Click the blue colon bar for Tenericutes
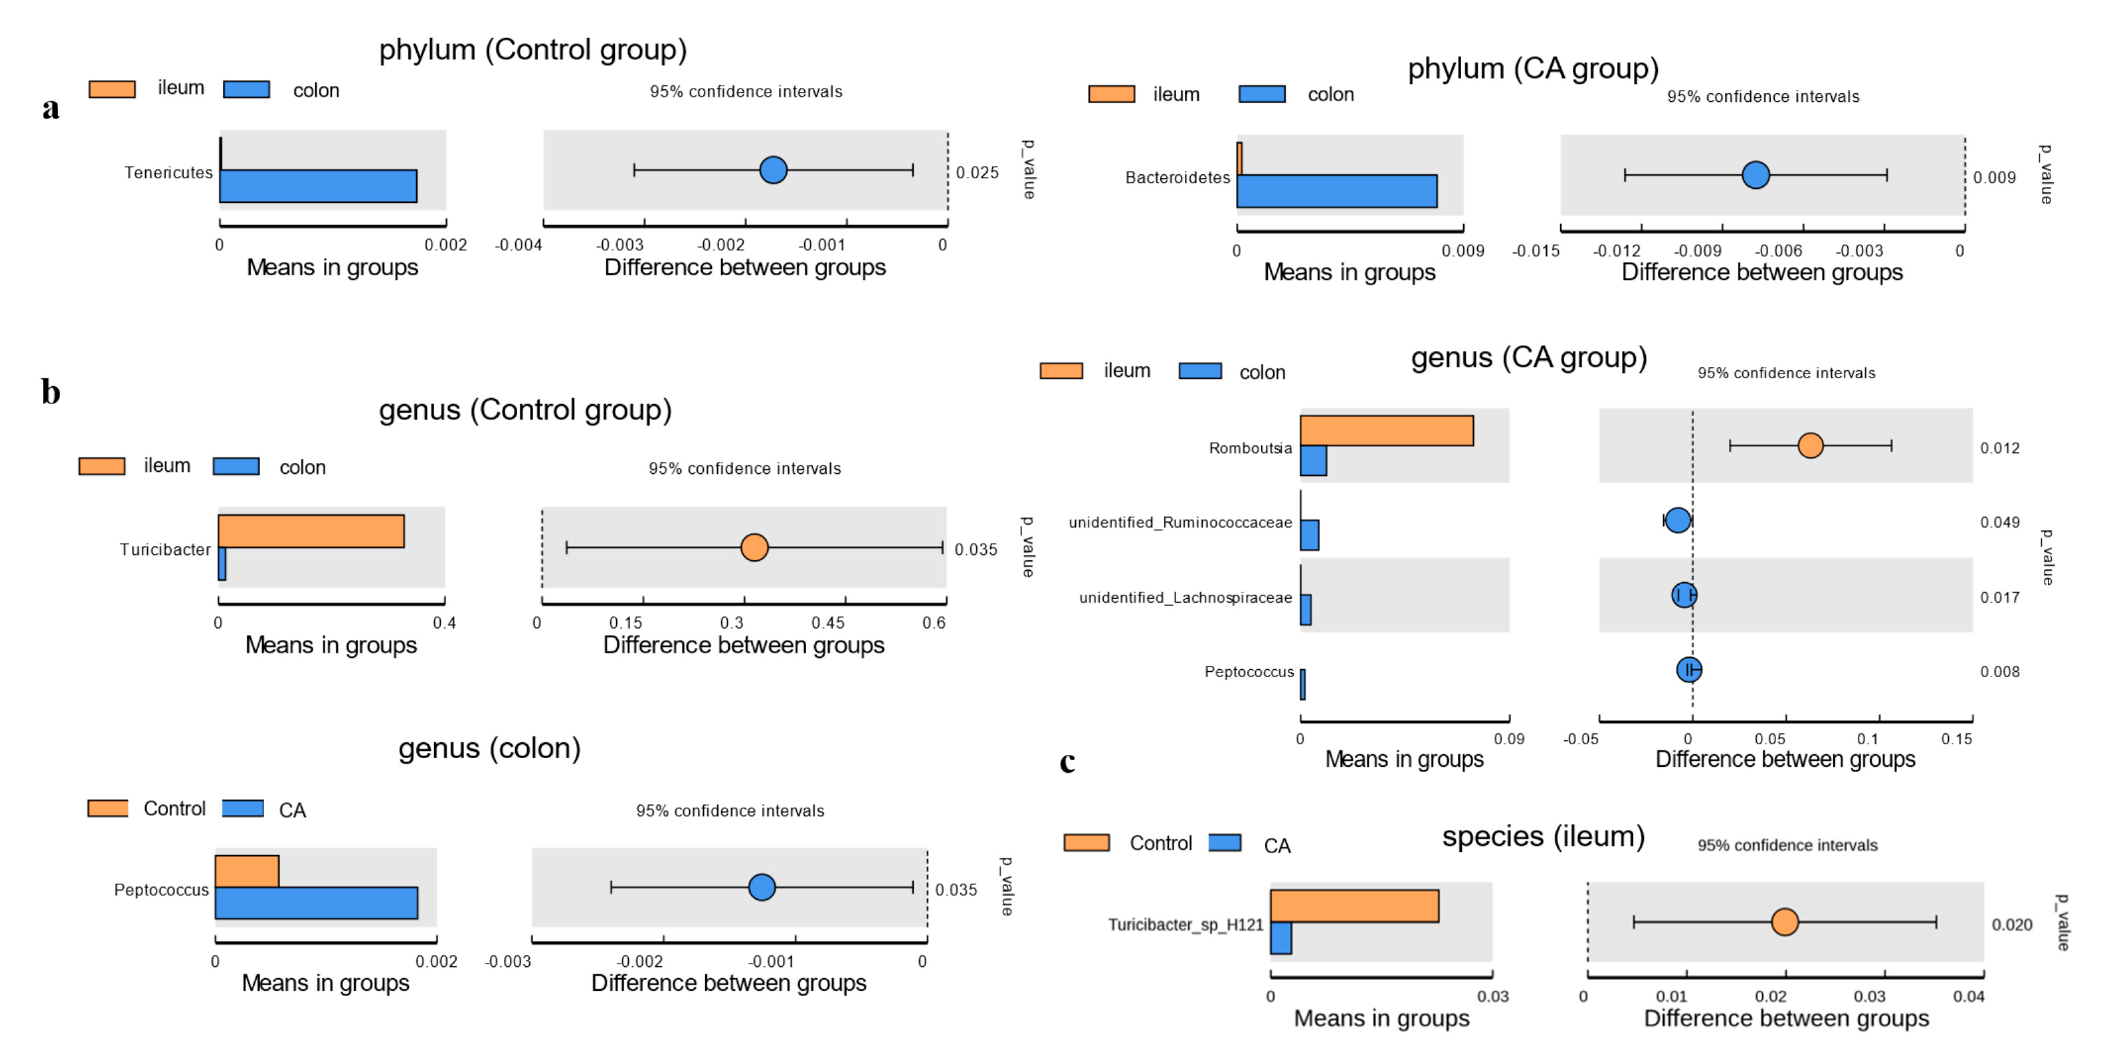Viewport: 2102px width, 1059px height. point(318,186)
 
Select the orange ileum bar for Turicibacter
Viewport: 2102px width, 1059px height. point(311,531)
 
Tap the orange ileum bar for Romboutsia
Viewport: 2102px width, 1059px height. point(1386,431)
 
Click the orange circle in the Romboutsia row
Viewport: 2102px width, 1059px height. point(1810,445)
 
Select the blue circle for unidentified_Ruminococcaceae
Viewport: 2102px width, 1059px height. point(1677,520)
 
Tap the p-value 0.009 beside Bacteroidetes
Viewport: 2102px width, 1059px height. point(1993,177)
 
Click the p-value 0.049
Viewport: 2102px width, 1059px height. point(1999,522)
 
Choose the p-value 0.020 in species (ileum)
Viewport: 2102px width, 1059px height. point(2012,924)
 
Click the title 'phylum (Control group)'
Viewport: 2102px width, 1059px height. point(533,50)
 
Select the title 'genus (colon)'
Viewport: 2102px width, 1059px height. point(490,748)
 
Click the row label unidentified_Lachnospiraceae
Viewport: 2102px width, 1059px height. point(1185,597)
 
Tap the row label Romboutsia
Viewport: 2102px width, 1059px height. point(1250,448)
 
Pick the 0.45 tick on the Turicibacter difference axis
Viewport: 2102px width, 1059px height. point(827,623)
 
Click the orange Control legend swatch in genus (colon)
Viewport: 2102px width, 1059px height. point(108,809)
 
